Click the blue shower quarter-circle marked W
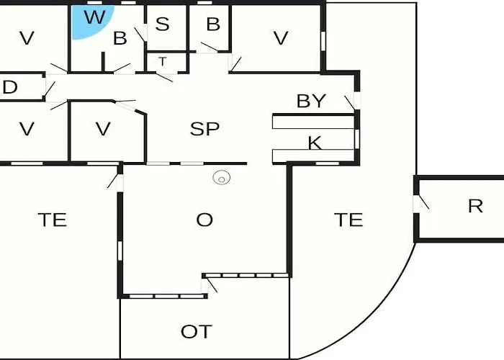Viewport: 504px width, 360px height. click(x=90, y=21)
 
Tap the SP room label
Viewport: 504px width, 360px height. click(x=204, y=129)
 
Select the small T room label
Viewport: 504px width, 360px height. click(x=163, y=61)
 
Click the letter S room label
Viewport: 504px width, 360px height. click(x=162, y=24)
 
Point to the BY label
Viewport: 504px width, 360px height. click(x=311, y=101)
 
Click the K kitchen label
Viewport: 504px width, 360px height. click(x=315, y=143)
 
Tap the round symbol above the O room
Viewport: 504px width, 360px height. click(x=222, y=177)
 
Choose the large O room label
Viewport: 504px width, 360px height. click(x=204, y=220)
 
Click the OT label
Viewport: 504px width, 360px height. click(x=197, y=332)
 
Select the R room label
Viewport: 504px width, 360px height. click(x=475, y=206)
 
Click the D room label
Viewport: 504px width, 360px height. click(x=9, y=87)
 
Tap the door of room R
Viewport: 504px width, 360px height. click(x=421, y=202)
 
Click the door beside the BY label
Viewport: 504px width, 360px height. click(x=351, y=102)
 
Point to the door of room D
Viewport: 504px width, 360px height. click(x=50, y=89)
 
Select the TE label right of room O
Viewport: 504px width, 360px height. click(x=348, y=220)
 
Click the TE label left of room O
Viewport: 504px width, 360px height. click(x=53, y=220)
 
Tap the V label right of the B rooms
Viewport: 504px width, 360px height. click(x=281, y=38)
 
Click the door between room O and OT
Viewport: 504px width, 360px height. click(x=210, y=285)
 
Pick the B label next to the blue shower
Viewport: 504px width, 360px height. click(x=120, y=38)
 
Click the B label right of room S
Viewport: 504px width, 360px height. click(x=213, y=24)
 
